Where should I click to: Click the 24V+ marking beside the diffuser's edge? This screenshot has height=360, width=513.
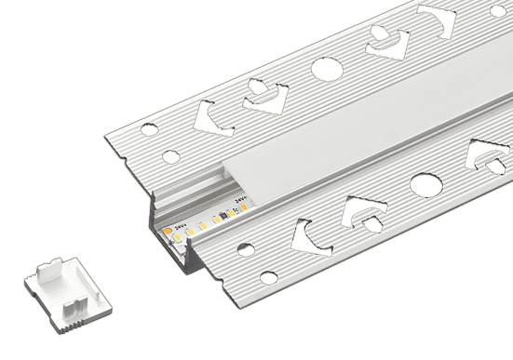(x=240, y=198)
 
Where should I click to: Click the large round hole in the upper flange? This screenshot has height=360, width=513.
(x=327, y=68)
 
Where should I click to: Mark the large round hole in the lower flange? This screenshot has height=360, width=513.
(x=425, y=184)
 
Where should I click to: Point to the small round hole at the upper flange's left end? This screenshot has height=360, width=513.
(x=169, y=156)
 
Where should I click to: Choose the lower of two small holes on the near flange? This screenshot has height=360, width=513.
(x=268, y=277)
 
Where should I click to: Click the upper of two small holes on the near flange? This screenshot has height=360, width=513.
(x=245, y=248)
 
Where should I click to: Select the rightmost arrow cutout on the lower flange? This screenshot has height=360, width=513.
(x=487, y=156)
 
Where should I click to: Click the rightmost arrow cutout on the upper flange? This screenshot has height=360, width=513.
(x=438, y=19)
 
